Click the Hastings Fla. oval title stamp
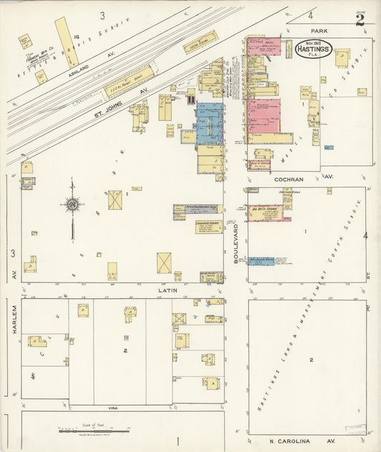[x=314, y=50]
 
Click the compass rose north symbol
[x=72, y=205]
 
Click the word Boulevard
[x=235, y=242]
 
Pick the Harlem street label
[x=14, y=335]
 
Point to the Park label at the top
[x=318, y=31]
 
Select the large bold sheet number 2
[x=360, y=19]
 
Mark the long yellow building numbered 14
[x=67, y=41]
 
